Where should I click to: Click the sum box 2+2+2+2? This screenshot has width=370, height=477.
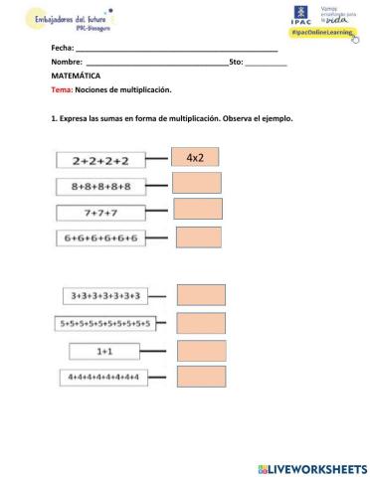pyautogui.click(x=101, y=160)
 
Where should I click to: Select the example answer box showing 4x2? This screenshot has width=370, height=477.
pyautogui.click(x=195, y=157)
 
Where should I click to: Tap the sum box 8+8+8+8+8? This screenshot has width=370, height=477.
pyautogui.click(x=101, y=186)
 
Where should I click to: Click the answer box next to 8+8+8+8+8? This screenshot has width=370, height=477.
pyautogui.click(x=196, y=183)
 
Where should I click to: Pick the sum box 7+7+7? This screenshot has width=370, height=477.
pyautogui.click(x=101, y=212)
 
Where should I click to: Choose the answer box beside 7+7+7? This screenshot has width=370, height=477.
pyautogui.click(x=197, y=209)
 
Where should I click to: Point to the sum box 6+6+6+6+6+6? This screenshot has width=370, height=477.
pyautogui.click(x=101, y=238)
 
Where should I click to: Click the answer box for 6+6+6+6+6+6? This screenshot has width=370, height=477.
pyautogui.click(x=198, y=237)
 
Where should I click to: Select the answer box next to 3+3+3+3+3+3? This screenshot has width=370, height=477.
pyautogui.click(x=201, y=294)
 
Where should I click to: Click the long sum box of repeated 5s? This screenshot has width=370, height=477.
pyautogui.click(x=104, y=323)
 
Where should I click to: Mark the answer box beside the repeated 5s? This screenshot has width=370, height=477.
pyautogui.click(x=201, y=322)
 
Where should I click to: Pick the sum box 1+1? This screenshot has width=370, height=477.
pyautogui.click(x=104, y=351)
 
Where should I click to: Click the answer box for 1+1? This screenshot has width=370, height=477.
pyautogui.click(x=201, y=350)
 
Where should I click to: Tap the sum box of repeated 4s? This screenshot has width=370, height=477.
pyautogui.click(x=103, y=378)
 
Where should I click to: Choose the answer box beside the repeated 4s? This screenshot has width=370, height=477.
pyautogui.click(x=201, y=378)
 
